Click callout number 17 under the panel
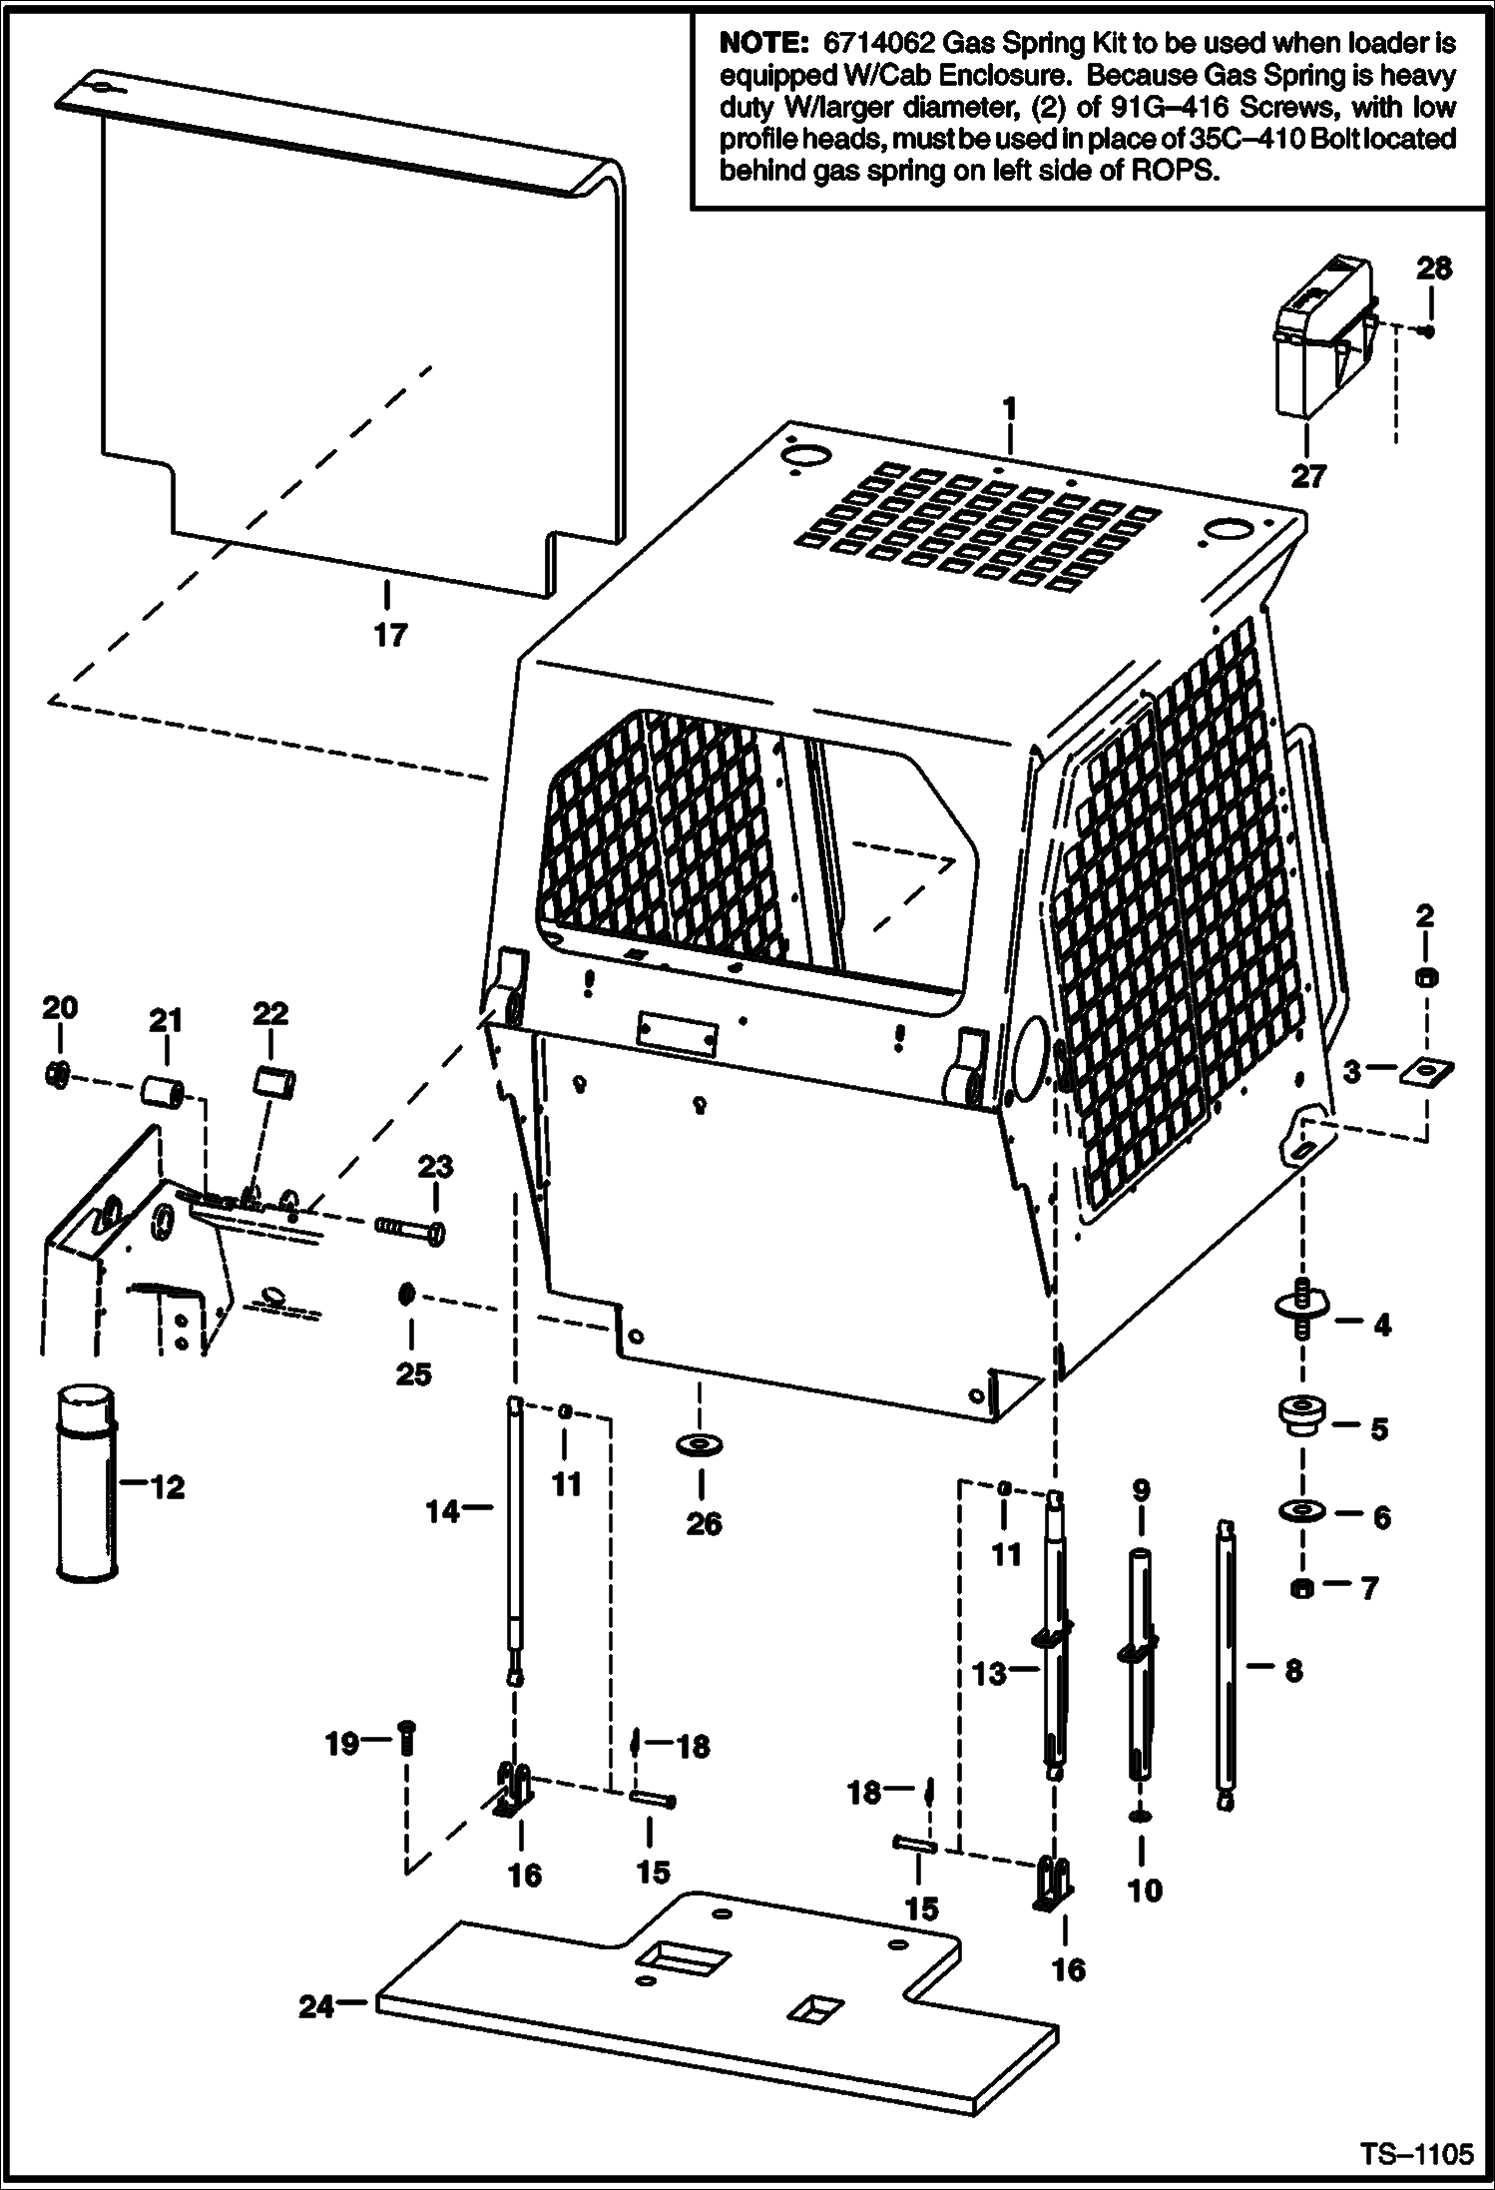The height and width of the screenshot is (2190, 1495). (x=390, y=635)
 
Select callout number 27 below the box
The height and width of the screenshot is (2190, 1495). (x=1307, y=476)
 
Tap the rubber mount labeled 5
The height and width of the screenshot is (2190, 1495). (x=1300, y=1415)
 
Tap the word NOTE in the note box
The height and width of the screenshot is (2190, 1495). (x=761, y=44)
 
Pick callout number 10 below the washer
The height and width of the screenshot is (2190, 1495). (x=1144, y=1890)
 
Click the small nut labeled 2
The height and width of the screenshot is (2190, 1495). (x=1426, y=975)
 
